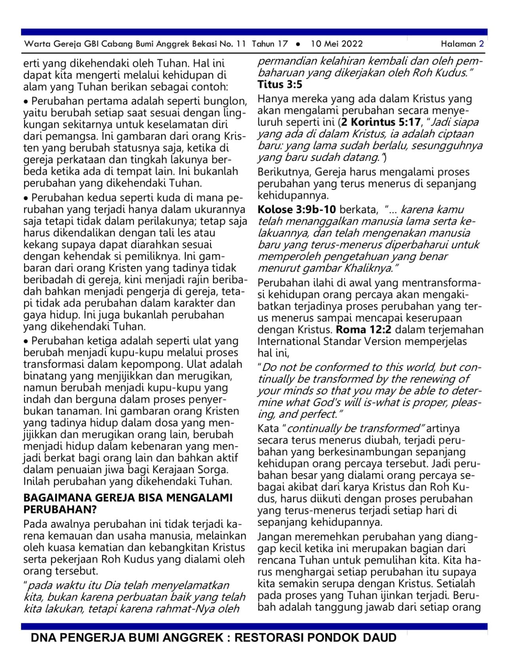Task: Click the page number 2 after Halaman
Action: [x=481, y=44]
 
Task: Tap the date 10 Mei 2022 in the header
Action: [x=337, y=44]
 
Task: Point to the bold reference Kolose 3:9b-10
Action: [x=297, y=209]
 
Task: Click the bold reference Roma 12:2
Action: [x=364, y=330]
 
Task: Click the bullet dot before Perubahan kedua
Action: [x=26, y=198]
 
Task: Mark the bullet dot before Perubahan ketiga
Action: [x=26, y=341]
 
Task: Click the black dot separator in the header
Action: [x=298, y=44]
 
